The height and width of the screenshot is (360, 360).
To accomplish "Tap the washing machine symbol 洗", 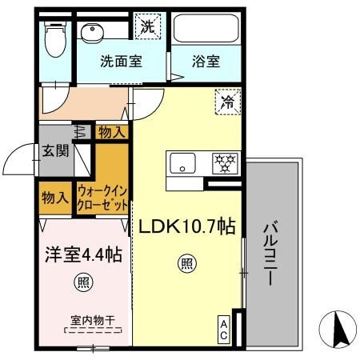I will tap(149, 26).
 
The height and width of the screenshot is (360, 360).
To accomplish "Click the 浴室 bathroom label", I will tap(206, 60).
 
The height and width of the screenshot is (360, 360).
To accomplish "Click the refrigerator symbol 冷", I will tap(229, 102).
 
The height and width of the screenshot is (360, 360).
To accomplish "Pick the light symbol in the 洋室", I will tap(82, 281).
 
